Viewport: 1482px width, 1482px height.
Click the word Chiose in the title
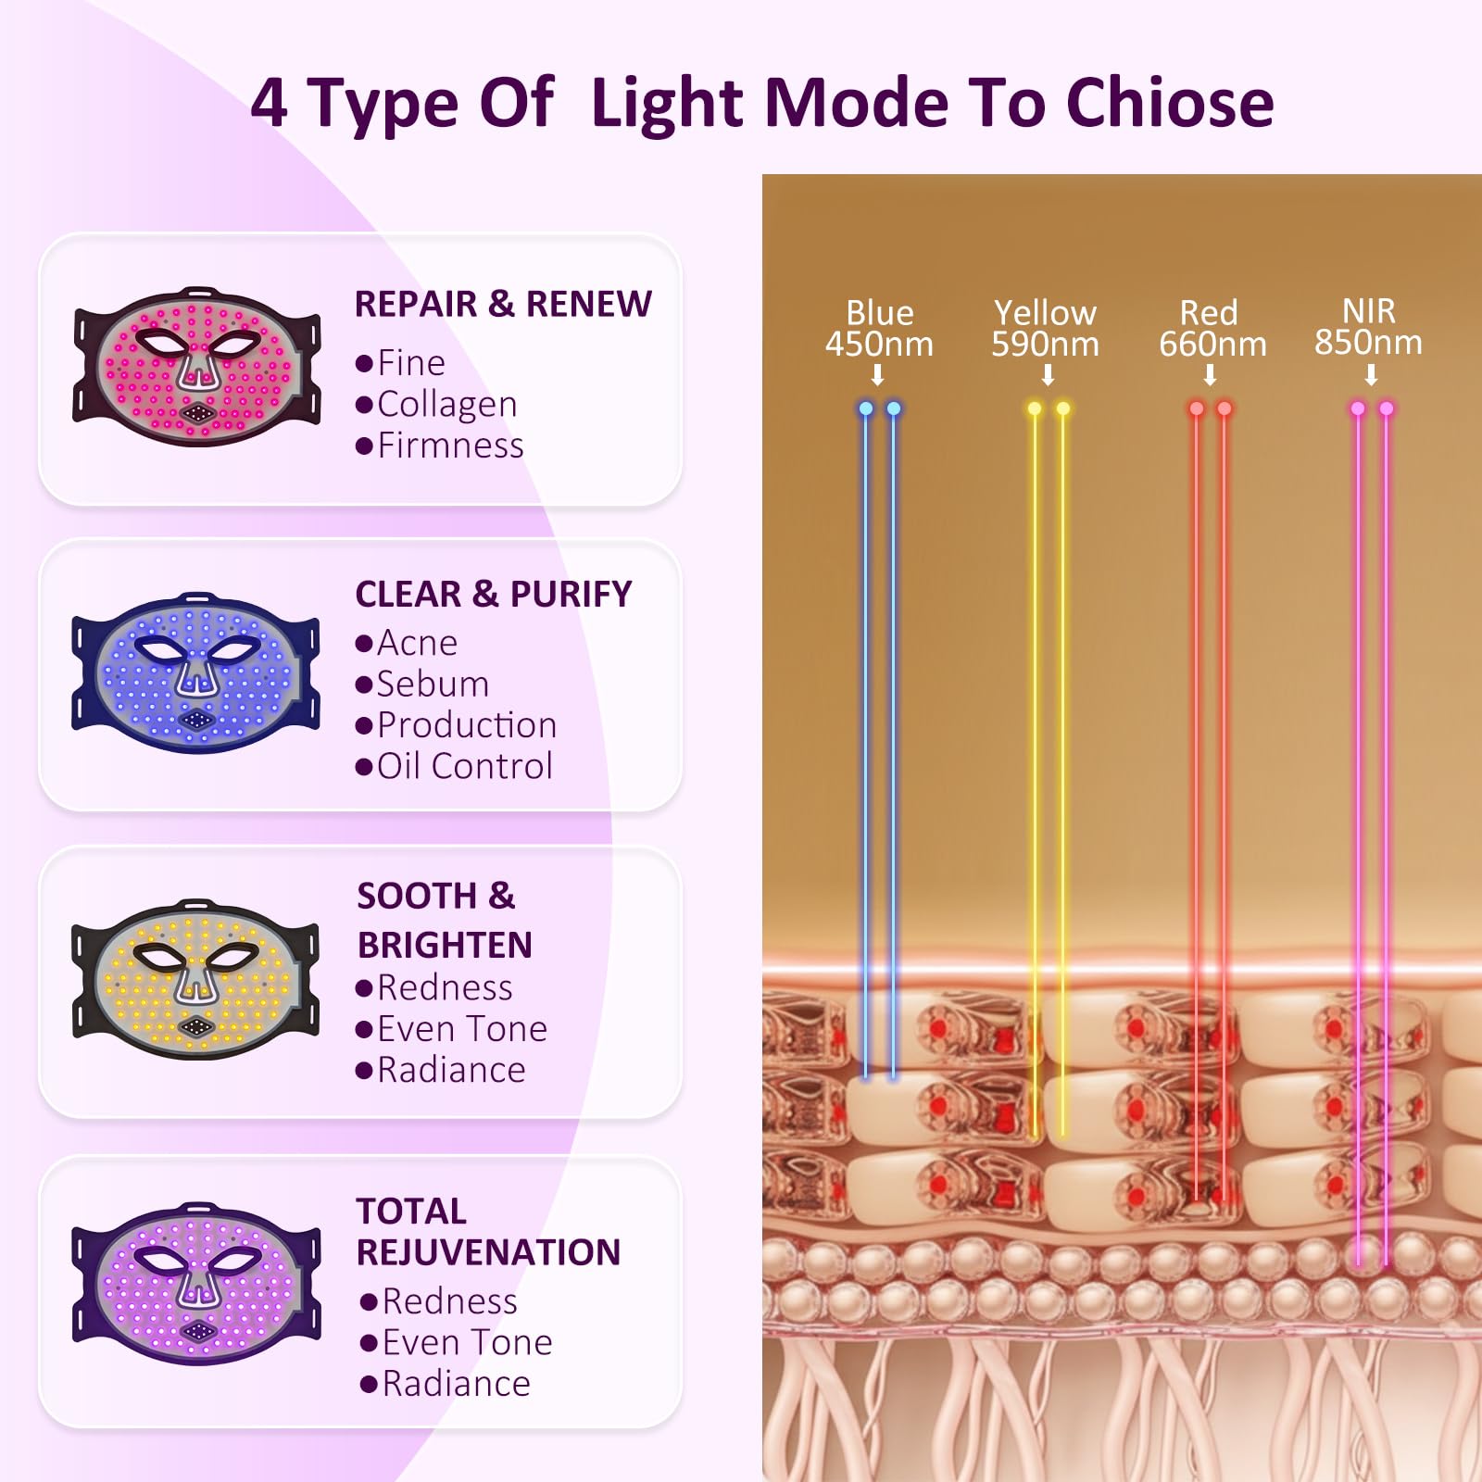click(1170, 102)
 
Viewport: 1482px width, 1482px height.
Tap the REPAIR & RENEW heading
click(503, 304)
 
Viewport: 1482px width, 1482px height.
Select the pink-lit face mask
click(196, 367)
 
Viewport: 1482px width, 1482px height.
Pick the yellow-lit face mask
click(196, 980)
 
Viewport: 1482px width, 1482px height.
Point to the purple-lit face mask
click(196, 1284)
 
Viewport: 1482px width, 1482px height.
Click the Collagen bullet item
click(436, 405)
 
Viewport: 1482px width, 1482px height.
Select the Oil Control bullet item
click(454, 766)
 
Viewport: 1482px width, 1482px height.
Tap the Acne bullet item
click(406, 643)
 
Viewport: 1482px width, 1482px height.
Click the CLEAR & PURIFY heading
click(494, 594)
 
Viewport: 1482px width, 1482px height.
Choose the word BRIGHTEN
click(445, 945)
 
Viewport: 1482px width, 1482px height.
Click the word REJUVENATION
click(489, 1252)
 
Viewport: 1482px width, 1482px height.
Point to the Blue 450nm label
click(879, 328)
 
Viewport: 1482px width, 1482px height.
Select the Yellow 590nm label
click(1046, 328)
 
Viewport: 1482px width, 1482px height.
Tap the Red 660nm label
click(1212, 328)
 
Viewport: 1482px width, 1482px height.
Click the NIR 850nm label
click(1369, 326)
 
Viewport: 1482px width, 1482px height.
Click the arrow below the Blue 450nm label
click(877, 375)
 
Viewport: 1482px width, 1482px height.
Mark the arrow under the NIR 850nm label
click(1372, 375)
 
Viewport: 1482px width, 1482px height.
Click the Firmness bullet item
click(440, 446)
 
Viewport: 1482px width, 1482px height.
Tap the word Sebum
click(433, 684)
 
